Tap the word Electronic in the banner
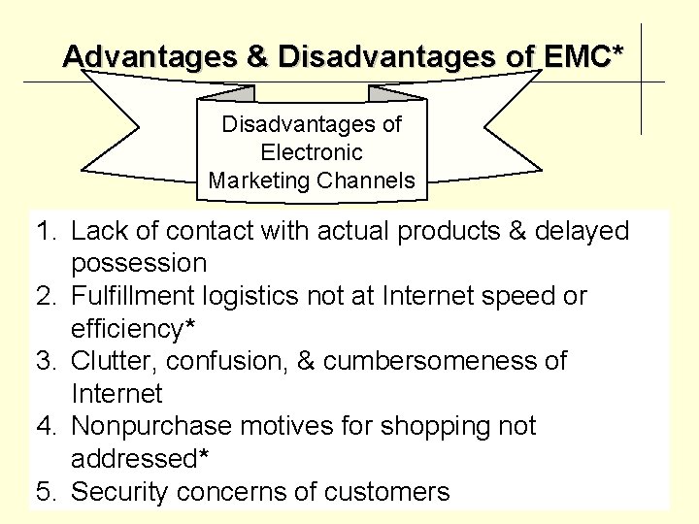point(312,152)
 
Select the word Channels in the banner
point(368,180)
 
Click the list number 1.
point(45,231)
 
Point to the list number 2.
point(45,296)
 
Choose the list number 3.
point(45,361)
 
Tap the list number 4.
point(45,426)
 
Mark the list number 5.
point(45,491)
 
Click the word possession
point(139,263)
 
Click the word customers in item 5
point(386,491)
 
